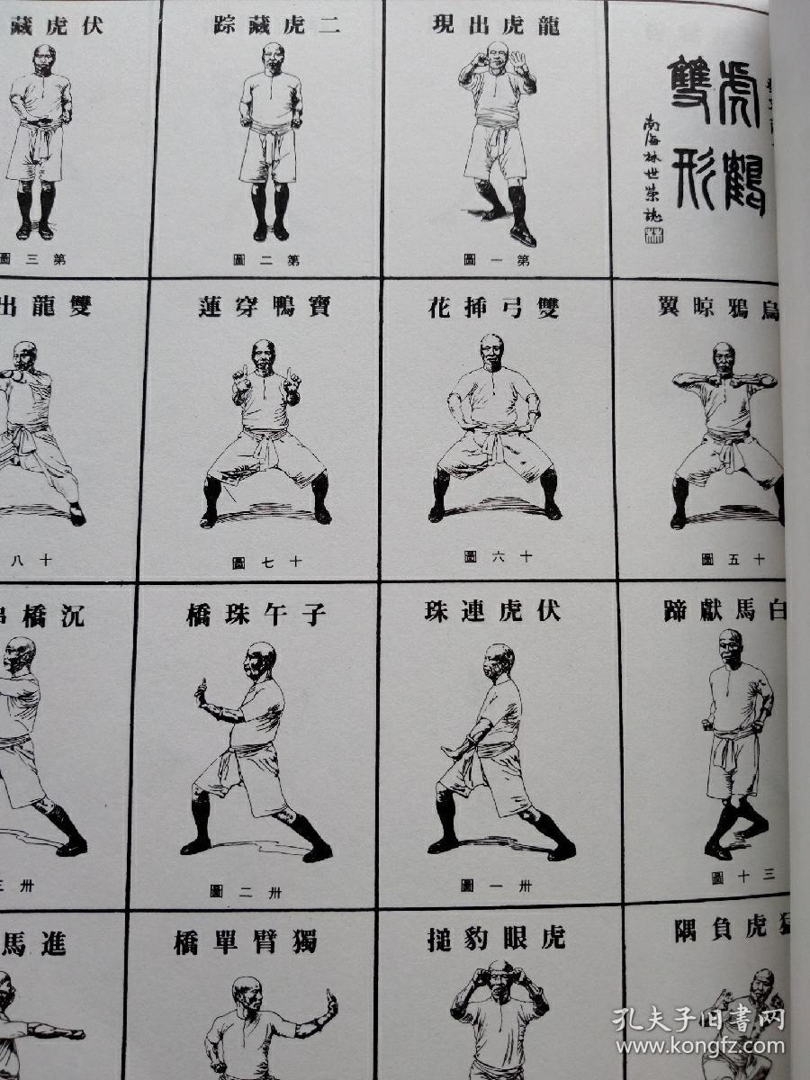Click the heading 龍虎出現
(496, 25)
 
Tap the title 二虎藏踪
(277, 25)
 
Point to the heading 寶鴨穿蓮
(264, 306)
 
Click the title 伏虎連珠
(492, 612)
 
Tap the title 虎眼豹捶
(496, 940)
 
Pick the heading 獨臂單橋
(245, 943)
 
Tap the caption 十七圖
(267, 562)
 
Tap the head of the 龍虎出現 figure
(497, 54)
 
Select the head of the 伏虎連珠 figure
(498, 661)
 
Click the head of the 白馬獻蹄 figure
(730, 645)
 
